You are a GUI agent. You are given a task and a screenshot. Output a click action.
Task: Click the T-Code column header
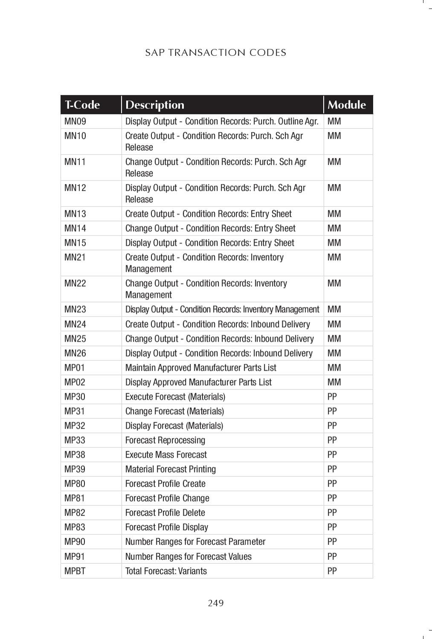pos(82,105)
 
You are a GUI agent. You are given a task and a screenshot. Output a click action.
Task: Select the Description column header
pos(155,105)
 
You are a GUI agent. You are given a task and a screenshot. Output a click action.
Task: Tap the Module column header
pos(346,105)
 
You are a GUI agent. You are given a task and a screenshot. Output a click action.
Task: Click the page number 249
pos(216,603)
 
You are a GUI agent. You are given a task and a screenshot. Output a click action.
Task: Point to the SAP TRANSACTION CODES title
pos(215,53)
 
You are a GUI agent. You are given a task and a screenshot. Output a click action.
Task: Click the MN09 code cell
pos(75,121)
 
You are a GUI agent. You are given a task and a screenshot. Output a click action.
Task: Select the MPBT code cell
pos(75,571)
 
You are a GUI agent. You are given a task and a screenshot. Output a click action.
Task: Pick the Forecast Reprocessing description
pos(165,440)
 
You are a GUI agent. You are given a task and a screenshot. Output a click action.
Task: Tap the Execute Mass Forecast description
pos(166,455)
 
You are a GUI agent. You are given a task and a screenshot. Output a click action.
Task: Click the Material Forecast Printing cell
pos(171,469)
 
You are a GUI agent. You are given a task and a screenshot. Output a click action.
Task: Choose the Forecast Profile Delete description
pos(165,512)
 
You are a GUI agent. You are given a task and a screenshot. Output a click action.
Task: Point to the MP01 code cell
pos(75,368)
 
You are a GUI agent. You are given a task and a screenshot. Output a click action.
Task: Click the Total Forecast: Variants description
pos(166,571)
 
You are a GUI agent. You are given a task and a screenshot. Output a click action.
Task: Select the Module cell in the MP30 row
pos(332,397)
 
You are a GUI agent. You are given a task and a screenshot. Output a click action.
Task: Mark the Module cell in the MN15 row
pos(334,243)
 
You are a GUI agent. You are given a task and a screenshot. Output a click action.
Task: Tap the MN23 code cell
pos(75,309)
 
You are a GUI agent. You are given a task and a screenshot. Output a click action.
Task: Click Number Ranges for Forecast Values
pos(188,556)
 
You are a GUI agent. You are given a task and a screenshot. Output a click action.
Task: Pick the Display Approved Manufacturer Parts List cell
pos(198,382)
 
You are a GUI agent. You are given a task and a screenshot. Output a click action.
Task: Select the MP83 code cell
pos(75,527)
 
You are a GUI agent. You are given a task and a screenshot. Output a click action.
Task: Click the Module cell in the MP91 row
pos(332,556)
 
